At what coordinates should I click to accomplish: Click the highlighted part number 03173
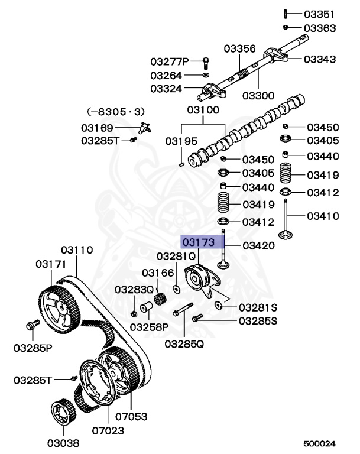tap(198, 242)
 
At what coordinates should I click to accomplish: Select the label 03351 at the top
tap(319, 14)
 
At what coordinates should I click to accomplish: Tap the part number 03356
tap(239, 50)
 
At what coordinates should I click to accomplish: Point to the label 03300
tap(259, 96)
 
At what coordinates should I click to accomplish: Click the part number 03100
tap(203, 109)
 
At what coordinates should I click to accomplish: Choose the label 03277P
tap(169, 61)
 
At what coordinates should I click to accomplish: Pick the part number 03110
tap(77, 250)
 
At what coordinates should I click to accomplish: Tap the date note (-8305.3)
tap(116, 111)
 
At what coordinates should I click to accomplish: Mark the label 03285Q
tap(184, 344)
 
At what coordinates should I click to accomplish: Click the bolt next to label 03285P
tap(33, 325)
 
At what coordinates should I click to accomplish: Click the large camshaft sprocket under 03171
tap(59, 307)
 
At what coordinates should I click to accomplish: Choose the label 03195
tap(181, 141)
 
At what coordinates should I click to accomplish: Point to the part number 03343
tap(319, 59)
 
